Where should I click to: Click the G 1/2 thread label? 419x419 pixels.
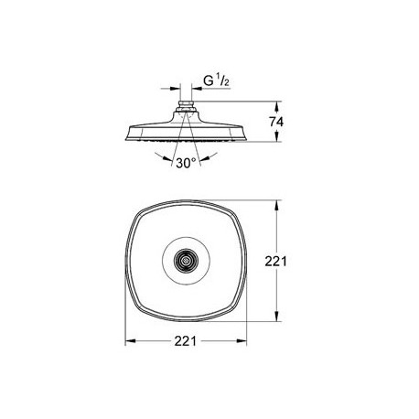[x=216, y=81]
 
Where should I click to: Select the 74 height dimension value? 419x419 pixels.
[x=276, y=122]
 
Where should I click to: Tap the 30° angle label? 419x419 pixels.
[x=186, y=163]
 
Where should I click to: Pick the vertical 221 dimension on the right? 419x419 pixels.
[x=275, y=262]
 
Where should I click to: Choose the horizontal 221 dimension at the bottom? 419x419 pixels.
[x=186, y=341]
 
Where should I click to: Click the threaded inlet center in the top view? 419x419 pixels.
[x=186, y=261]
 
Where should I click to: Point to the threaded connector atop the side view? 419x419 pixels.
[x=186, y=105]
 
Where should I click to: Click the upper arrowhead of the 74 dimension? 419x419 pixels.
[x=277, y=106]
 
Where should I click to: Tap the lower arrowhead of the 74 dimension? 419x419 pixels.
[x=277, y=136]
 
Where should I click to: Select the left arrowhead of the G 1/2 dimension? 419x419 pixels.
[x=175, y=89]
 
